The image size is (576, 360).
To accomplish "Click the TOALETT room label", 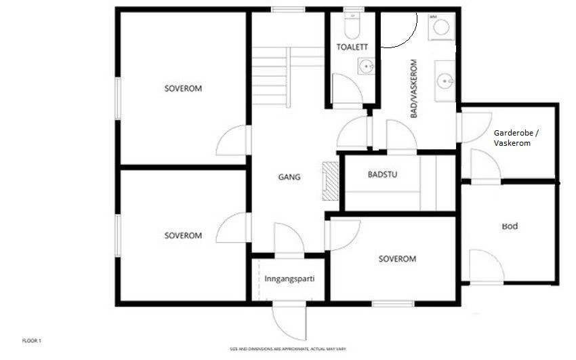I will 352,47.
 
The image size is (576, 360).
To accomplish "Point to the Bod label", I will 510,226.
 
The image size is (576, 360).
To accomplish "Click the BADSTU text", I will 382,175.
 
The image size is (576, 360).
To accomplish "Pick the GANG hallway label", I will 289,178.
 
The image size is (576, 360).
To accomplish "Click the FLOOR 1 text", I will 32,340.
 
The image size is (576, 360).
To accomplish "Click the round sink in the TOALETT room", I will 365,66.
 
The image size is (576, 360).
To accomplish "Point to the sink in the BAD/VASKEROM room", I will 445,81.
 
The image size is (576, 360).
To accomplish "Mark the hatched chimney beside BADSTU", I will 330,181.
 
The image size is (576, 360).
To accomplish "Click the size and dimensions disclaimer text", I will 289,348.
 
